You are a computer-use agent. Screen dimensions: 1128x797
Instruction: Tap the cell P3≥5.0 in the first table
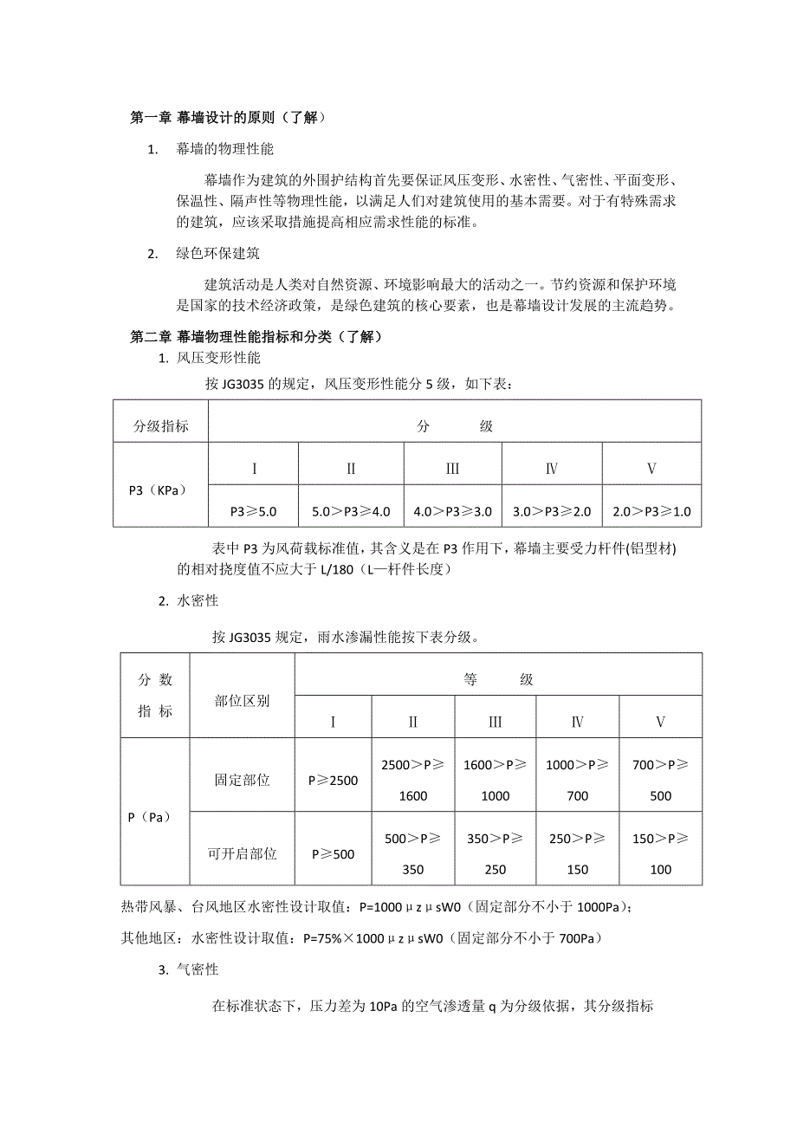[x=253, y=512]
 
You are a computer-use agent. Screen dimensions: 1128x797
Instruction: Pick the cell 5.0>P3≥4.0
[x=351, y=512]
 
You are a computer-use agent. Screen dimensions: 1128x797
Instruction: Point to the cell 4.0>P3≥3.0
[x=452, y=512]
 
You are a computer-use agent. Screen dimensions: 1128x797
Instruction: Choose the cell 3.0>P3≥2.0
[x=552, y=512]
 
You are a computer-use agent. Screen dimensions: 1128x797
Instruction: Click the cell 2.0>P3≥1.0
[x=651, y=512]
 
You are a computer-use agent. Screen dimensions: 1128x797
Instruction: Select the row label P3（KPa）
[x=159, y=489]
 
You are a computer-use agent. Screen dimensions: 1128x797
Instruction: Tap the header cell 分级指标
[x=160, y=426]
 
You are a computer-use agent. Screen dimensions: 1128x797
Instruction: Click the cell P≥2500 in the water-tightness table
[x=333, y=781]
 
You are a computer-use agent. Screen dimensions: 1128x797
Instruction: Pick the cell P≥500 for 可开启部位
[x=333, y=854]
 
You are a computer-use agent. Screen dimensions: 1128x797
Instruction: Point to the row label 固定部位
[x=242, y=781]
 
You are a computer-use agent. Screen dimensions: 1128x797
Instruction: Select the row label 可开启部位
[x=242, y=854]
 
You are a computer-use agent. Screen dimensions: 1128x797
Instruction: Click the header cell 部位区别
[x=242, y=700]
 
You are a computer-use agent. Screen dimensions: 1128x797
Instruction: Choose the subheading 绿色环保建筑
[x=217, y=254]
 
